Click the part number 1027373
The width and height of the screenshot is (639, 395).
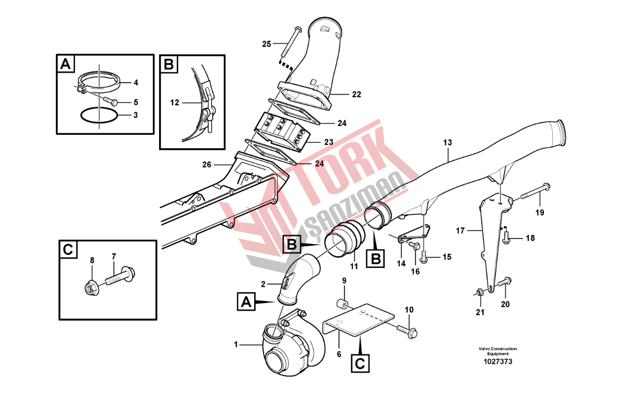pyautogui.click(x=497, y=362)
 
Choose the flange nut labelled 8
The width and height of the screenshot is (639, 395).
pyautogui.click(x=91, y=289)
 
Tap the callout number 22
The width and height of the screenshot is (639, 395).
pyautogui.click(x=356, y=94)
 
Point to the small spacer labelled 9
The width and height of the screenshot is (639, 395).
pyautogui.click(x=342, y=303)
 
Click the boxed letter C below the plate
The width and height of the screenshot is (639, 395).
pyautogui.click(x=361, y=364)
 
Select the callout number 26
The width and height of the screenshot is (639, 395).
pyautogui.click(x=207, y=165)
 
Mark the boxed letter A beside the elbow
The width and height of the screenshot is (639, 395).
pyautogui.click(x=246, y=300)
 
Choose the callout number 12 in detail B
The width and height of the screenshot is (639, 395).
pyautogui.click(x=175, y=103)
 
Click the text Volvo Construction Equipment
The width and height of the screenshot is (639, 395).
pyautogui.click(x=497, y=351)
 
